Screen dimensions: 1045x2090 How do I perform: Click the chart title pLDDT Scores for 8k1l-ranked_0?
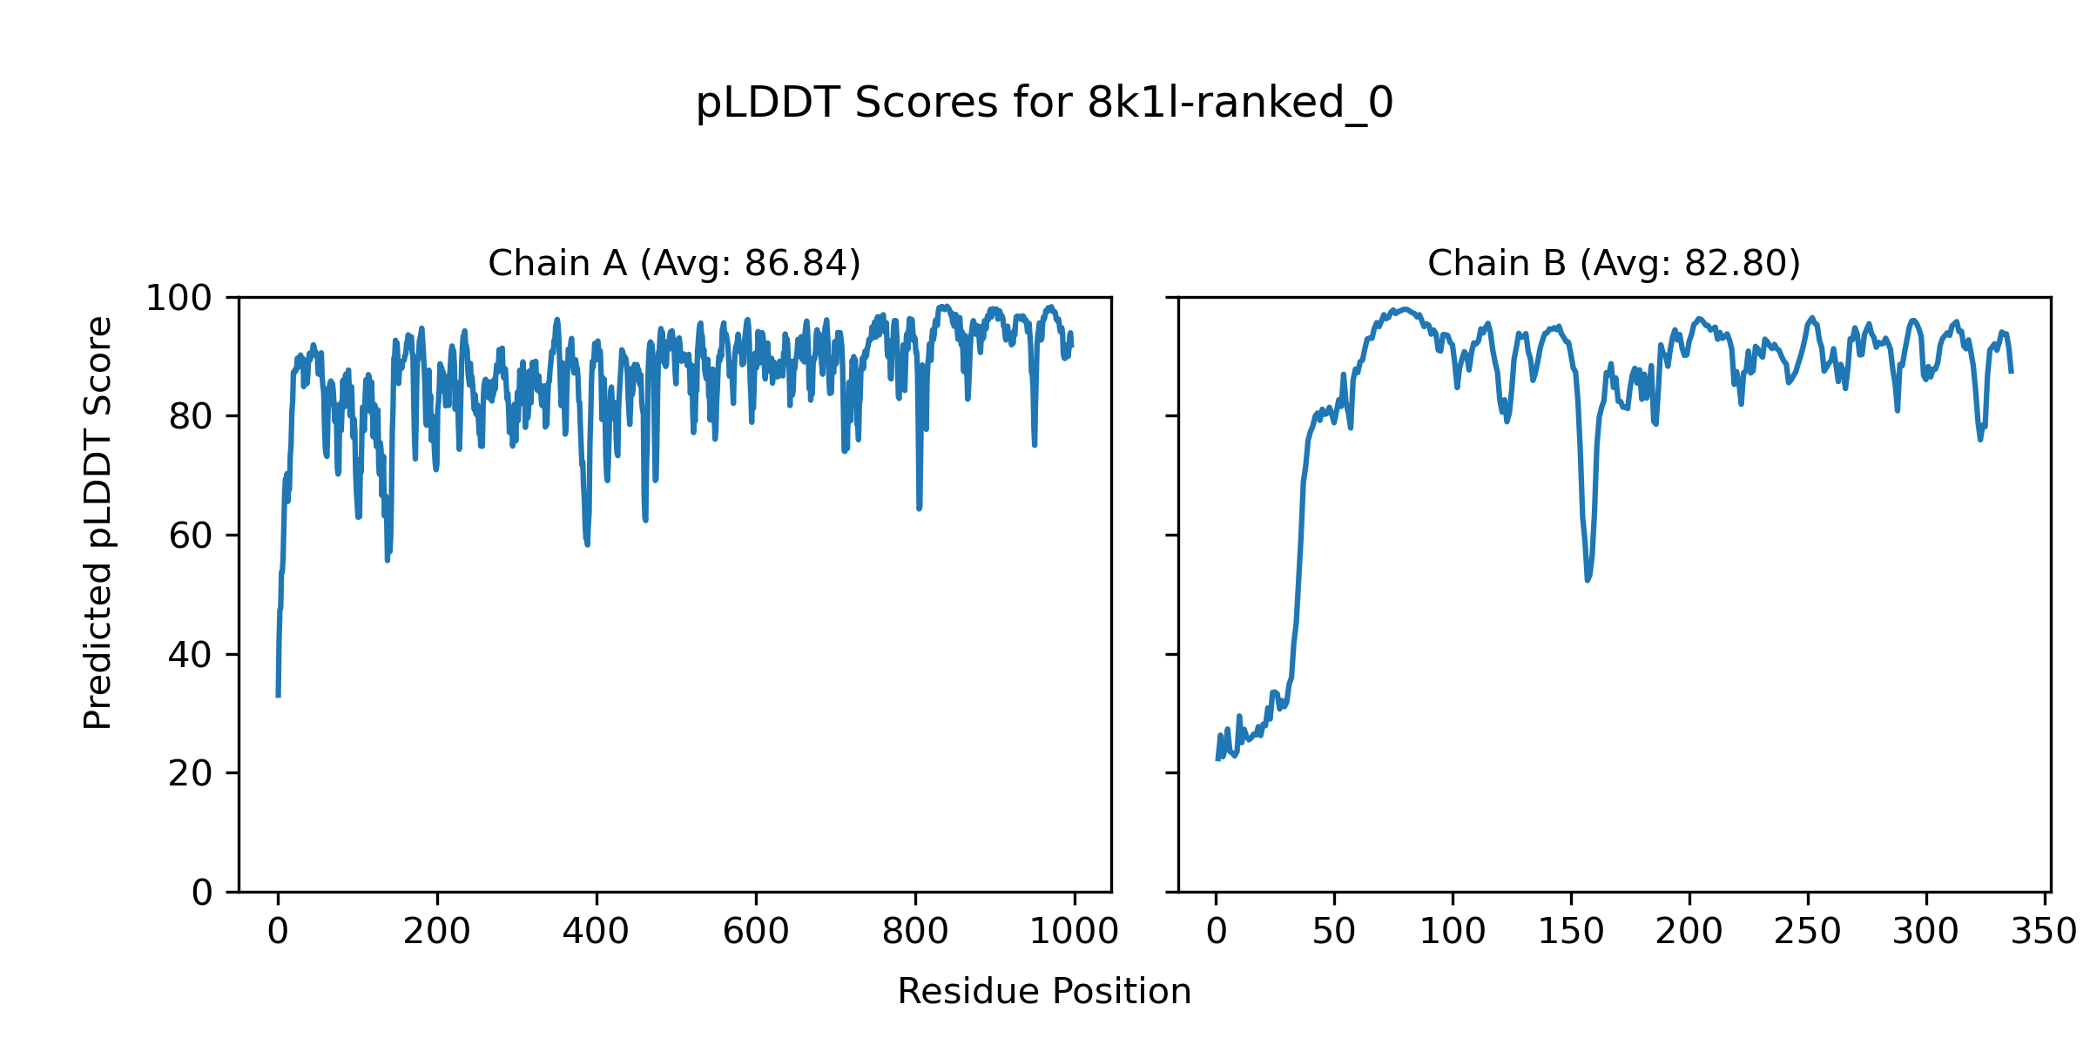click(1044, 103)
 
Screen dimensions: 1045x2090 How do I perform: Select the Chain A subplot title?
click(674, 263)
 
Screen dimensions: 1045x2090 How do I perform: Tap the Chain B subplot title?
click(1614, 263)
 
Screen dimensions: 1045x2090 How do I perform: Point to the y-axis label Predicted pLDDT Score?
click(98, 522)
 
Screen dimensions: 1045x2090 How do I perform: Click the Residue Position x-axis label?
click(1044, 991)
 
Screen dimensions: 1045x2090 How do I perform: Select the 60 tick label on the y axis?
click(191, 536)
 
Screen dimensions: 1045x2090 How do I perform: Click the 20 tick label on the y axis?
click(191, 773)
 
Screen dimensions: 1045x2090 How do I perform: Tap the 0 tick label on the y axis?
click(202, 892)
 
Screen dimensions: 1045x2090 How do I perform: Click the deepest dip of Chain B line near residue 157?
click(1588, 580)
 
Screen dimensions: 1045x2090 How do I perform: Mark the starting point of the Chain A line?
click(278, 696)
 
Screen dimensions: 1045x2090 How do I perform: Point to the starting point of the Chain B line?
click(1217, 759)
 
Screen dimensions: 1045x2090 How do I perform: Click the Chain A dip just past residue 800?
click(919, 509)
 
